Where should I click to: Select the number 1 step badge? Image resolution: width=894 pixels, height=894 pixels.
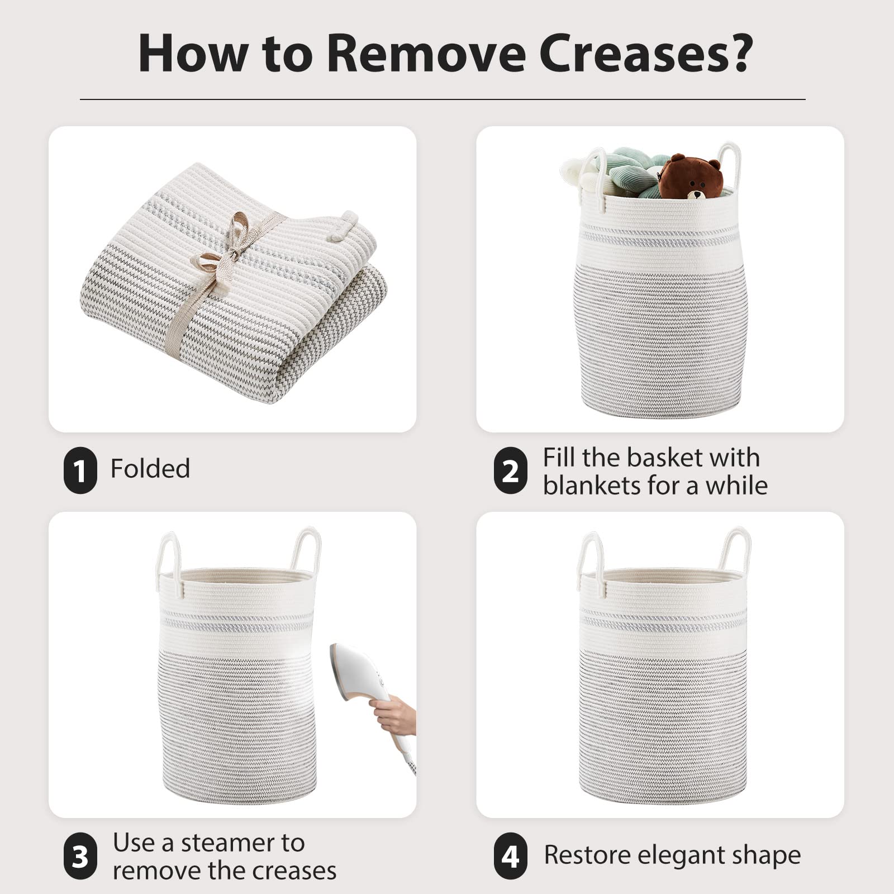tap(80, 470)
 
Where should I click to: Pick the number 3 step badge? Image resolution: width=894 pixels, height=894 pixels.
tap(80, 855)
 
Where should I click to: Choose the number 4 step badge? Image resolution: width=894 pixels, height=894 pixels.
tap(510, 855)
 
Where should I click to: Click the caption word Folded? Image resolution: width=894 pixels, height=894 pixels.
tap(150, 468)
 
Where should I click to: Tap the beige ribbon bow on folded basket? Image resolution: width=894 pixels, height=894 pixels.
tap(235, 246)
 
